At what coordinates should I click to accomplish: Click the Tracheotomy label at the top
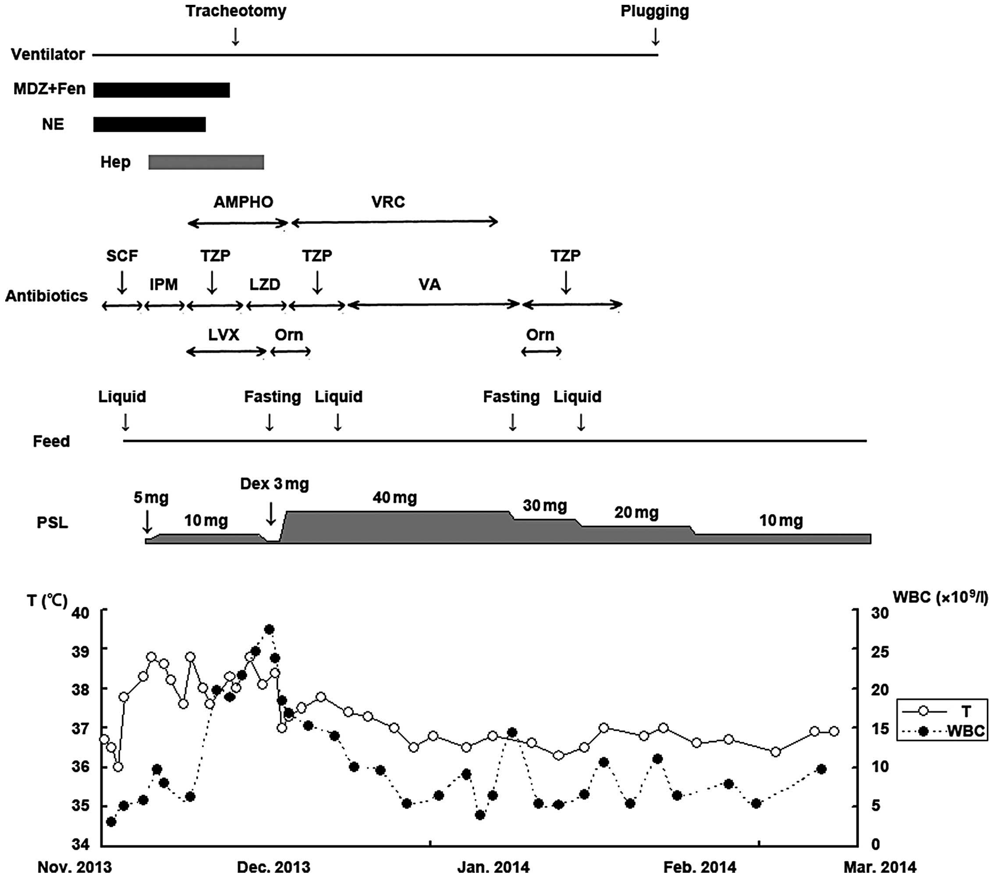[x=236, y=11]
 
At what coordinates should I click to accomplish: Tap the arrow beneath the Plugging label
[x=655, y=36]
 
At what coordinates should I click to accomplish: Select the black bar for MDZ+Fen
[x=161, y=90]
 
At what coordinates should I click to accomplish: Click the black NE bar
[x=149, y=124]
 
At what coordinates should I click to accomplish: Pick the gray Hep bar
[x=206, y=163]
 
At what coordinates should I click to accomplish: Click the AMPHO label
[x=243, y=202]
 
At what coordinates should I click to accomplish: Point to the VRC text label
[x=388, y=202]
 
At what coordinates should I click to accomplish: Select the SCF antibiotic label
[x=122, y=255]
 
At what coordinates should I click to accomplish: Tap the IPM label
[x=163, y=284]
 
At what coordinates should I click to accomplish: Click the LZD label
[x=265, y=284]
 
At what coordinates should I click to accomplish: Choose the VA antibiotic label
[x=430, y=284]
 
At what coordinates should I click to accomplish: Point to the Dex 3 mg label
[x=275, y=484]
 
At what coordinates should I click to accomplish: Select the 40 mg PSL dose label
[x=395, y=497]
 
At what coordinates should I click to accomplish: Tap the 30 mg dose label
[x=545, y=506]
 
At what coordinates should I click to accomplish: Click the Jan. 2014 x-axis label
[x=493, y=867]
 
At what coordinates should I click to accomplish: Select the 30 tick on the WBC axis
[x=880, y=613]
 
